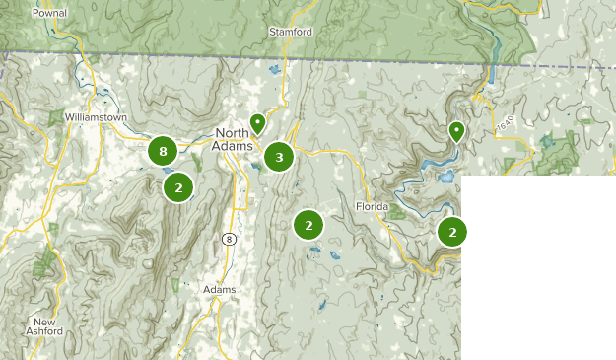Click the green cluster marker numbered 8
[x=163, y=151]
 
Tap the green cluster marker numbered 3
[x=279, y=156]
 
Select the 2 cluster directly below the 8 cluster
[x=177, y=186]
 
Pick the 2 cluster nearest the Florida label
[x=308, y=225]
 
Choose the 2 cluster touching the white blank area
[x=451, y=232]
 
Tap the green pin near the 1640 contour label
[x=456, y=131]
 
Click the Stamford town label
[x=291, y=32]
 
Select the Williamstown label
[x=96, y=116]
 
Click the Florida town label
[x=374, y=207]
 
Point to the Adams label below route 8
[x=219, y=290]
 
